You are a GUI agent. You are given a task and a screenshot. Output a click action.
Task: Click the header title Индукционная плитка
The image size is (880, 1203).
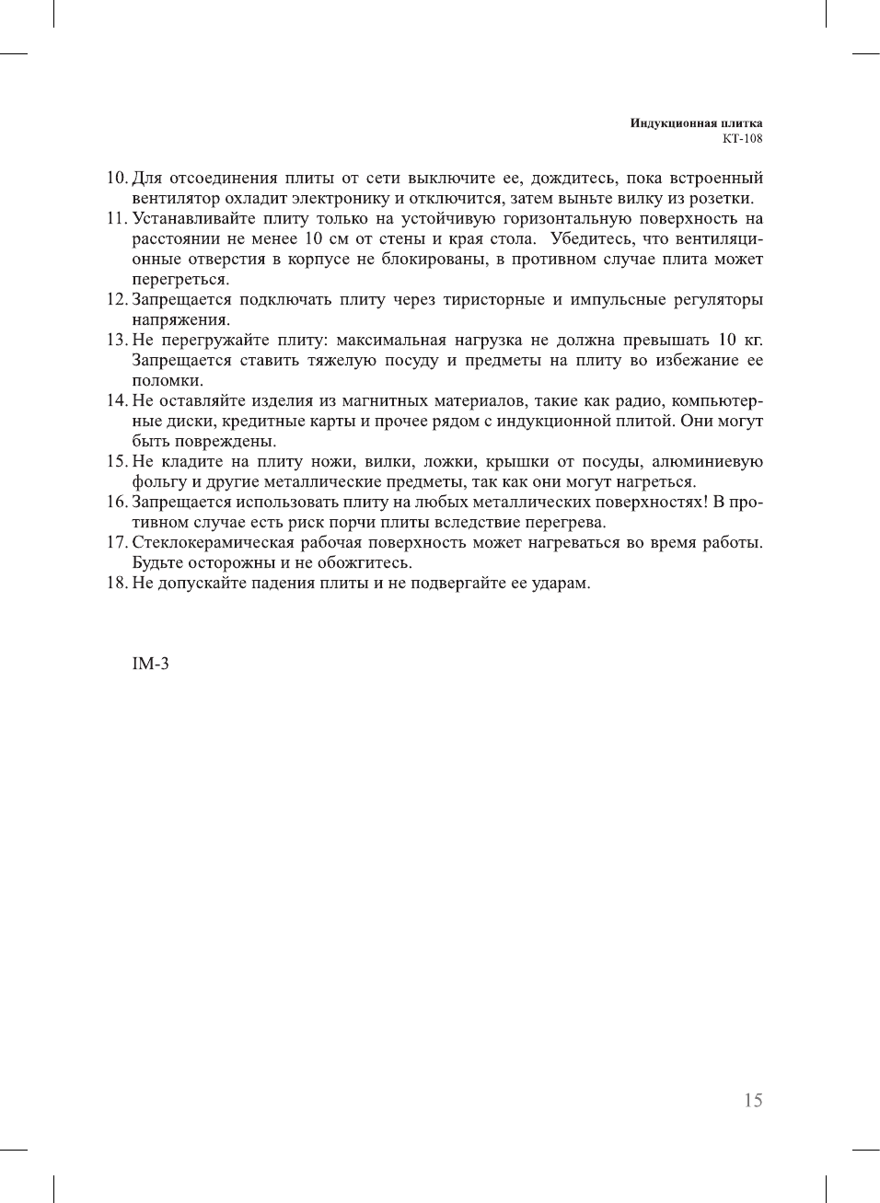(696, 123)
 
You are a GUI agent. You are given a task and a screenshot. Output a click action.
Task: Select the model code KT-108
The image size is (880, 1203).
(742, 139)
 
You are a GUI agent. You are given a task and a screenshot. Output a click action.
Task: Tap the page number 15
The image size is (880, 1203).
(753, 1100)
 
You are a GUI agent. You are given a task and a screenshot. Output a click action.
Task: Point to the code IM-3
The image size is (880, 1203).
(150, 664)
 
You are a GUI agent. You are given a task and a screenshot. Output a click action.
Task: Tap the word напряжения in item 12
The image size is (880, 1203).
(180, 319)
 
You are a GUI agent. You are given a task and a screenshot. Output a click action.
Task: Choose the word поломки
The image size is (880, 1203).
(168, 380)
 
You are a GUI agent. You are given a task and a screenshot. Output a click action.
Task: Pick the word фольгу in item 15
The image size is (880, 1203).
(159, 481)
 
